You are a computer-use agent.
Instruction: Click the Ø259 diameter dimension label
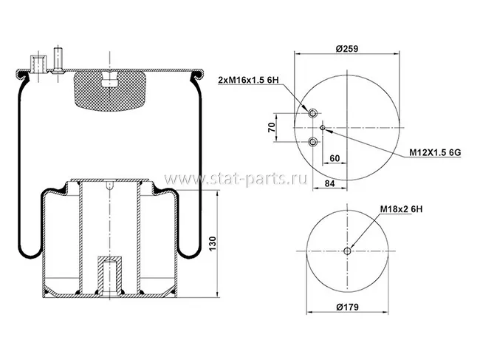click(346, 48)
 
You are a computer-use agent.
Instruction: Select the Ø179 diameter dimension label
click(347, 307)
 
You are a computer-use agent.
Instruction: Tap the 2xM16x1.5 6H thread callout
click(249, 81)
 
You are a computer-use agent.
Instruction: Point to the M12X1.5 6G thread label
click(435, 152)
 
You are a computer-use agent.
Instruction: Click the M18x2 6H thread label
click(401, 209)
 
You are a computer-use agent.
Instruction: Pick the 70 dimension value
click(271, 127)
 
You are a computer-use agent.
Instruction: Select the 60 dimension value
click(335, 158)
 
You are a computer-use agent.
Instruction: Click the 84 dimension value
click(329, 183)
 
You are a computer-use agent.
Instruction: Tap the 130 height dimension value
click(213, 243)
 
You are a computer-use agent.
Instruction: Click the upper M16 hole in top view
click(312, 113)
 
